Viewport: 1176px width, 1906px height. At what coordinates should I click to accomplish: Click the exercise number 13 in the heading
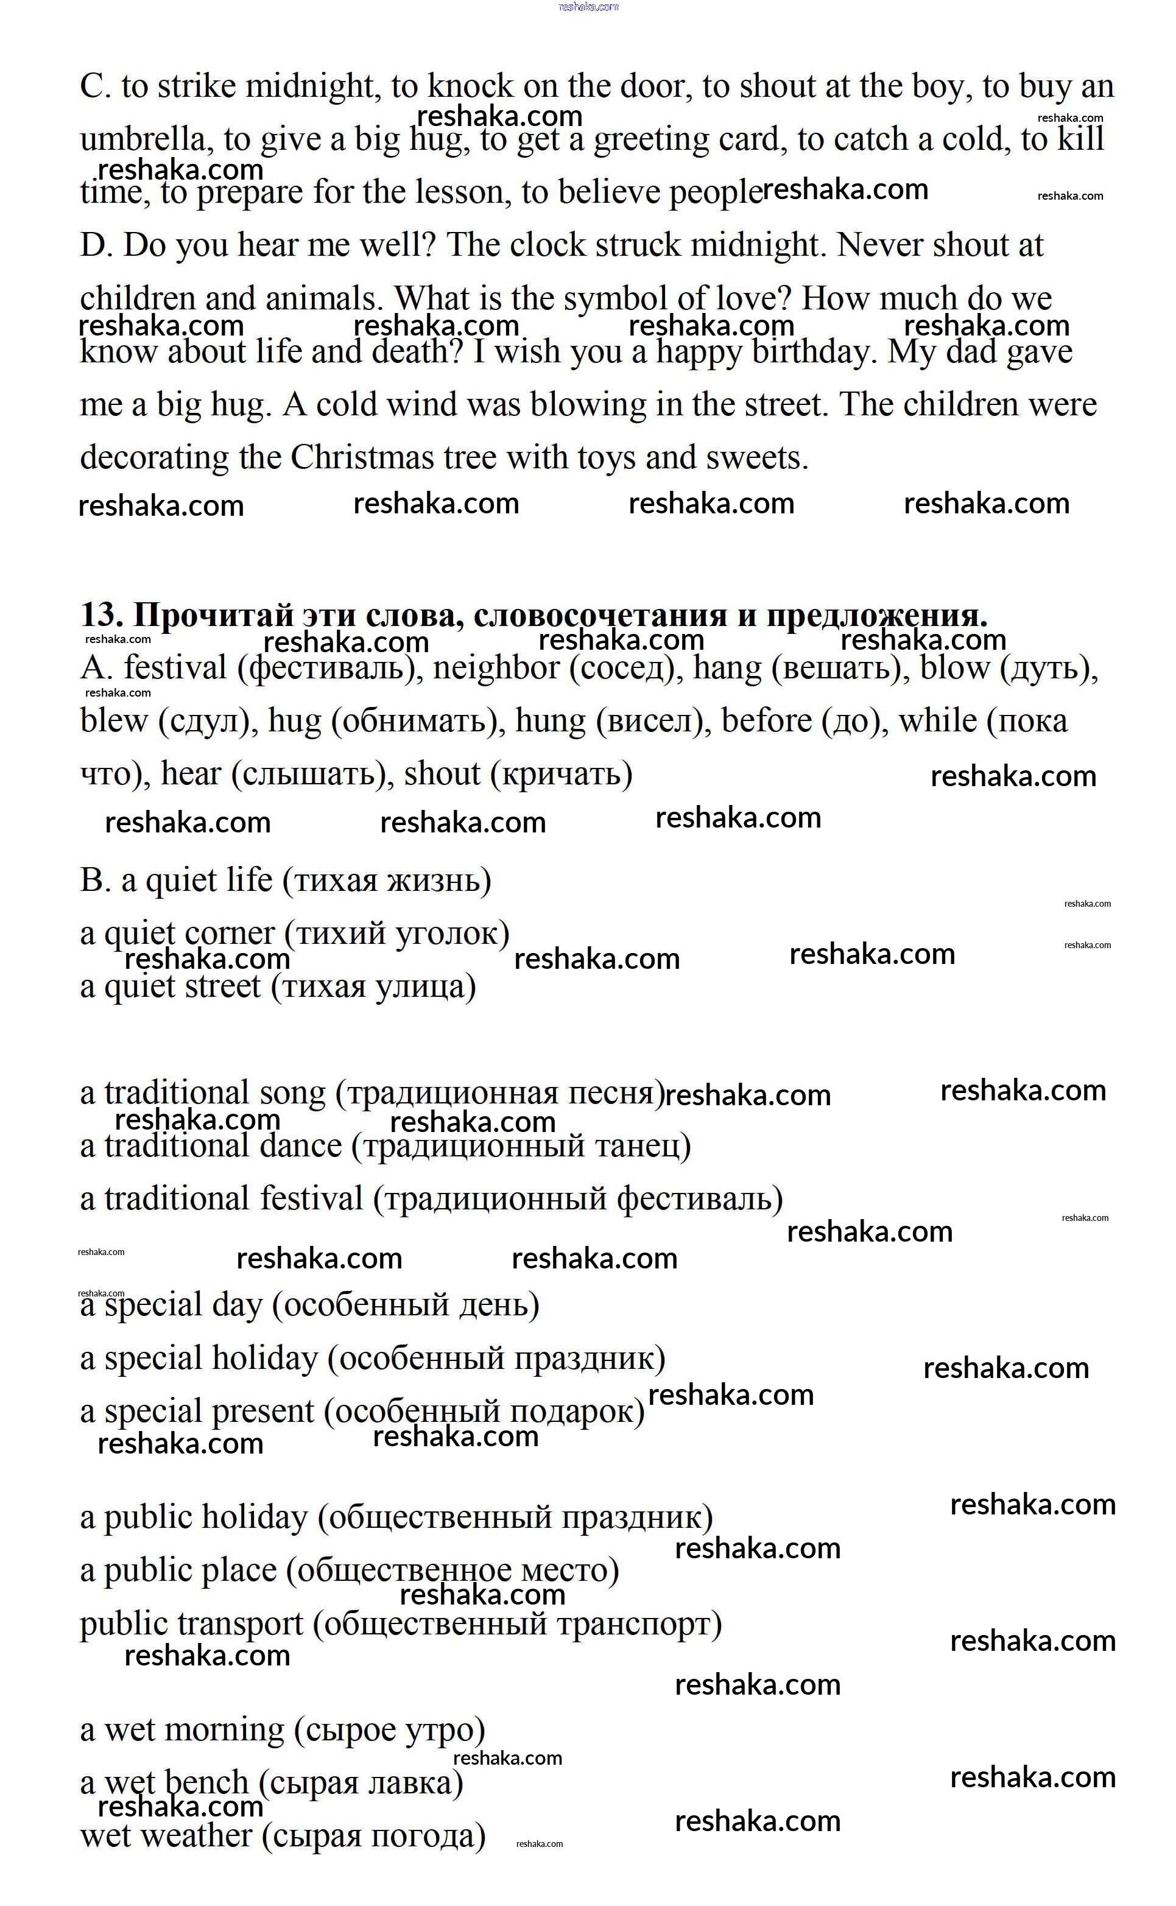(102, 615)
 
